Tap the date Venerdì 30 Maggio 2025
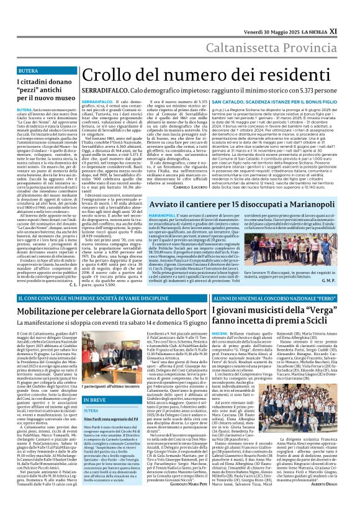(x=272, y=13)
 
